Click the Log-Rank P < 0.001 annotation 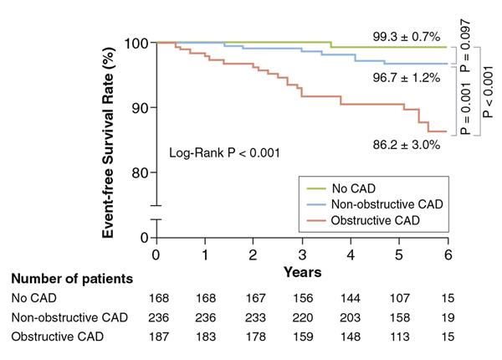point(224,153)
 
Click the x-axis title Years point(302,272)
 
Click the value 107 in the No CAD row point(399,297)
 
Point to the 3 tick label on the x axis point(302,254)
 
